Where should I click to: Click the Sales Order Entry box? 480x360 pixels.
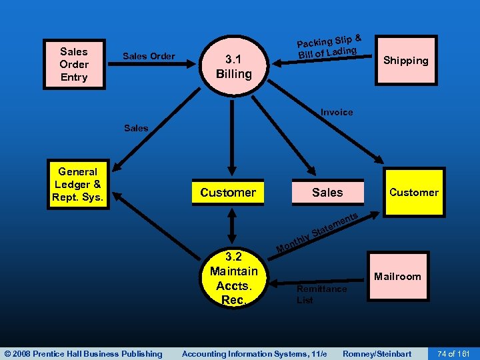click(73, 64)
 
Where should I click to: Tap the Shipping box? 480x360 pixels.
click(405, 61)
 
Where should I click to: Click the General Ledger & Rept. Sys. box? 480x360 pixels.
click(78, 185)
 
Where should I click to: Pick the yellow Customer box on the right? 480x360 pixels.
click(413, 193)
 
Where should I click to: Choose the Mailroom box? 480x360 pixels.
click(397, 276)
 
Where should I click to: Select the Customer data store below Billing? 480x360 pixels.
click(228, 193)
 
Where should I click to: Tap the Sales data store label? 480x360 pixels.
click(327, 193)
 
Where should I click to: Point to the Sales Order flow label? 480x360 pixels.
click(149, 56)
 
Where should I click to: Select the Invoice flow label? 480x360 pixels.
click(337, 112)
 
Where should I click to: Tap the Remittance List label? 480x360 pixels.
click(321, 294)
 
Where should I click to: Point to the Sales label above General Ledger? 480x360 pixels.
click(136, 128)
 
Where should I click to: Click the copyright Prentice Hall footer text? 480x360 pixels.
click(83, 353)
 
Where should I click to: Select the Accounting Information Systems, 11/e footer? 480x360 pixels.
click(254, 353)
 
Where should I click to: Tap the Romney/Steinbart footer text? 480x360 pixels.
click(377, 353)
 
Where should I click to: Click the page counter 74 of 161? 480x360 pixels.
click(453, 353)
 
